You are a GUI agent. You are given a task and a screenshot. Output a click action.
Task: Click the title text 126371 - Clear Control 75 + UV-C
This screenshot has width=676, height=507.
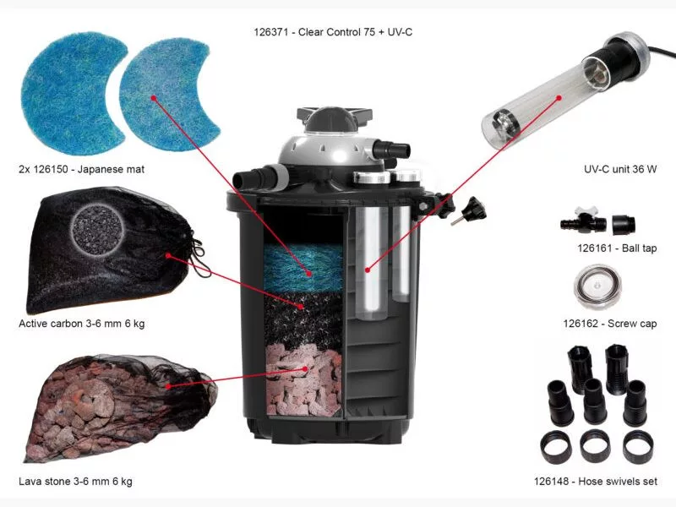[333, 32]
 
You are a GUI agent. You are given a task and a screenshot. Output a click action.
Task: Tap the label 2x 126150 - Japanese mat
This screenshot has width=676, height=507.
[81, 169]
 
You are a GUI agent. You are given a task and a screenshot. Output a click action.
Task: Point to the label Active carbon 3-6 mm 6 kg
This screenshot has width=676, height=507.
[81, 324]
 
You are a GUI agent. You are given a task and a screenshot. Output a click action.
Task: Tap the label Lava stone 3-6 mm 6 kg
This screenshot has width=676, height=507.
[75, 481]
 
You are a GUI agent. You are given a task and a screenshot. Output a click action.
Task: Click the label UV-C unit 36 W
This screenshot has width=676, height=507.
[620, 169]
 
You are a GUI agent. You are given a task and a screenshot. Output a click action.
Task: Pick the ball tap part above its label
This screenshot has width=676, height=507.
[597, 221]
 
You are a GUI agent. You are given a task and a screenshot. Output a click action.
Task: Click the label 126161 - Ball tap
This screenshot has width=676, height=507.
[617, 248]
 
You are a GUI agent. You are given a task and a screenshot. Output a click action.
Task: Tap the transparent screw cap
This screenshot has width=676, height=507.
[597, 286]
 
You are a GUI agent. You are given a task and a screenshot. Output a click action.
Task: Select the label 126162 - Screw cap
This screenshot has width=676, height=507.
[610, 324]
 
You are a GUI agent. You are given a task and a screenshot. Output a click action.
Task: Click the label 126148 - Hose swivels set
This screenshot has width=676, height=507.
[596, 481]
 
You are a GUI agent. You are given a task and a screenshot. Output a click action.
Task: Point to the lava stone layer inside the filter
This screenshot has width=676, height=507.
[304, 379]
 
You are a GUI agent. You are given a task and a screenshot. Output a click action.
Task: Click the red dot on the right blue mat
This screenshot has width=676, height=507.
[154, 98]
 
